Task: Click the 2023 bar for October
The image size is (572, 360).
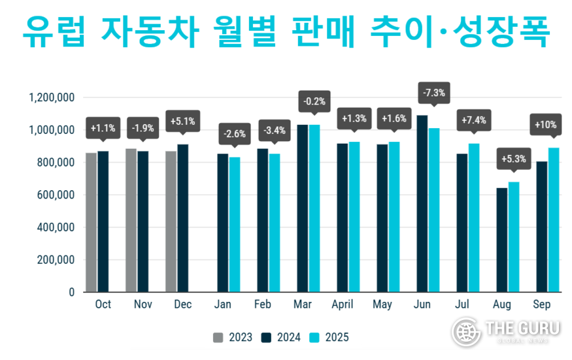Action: click(x=91, y=222)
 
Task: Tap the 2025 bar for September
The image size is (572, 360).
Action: click(x=554, y=220)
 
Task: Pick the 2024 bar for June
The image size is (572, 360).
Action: click(x=422, y=203)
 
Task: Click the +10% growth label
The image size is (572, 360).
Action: click(x=547, y=124)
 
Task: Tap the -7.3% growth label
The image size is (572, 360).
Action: click(x=434, y=93)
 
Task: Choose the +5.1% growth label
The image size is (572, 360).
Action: click(x=182, y=121)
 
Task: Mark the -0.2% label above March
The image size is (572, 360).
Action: click(x=314, y=101)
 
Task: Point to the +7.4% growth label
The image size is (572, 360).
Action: click(x=473, y=120)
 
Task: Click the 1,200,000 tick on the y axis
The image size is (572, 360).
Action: click(x=52, y=98)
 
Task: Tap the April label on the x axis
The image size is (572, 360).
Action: click(x=342, y=304)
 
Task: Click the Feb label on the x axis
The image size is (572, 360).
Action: click(x=262, y=304)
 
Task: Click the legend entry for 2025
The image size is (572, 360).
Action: click(x=329, y=337)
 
